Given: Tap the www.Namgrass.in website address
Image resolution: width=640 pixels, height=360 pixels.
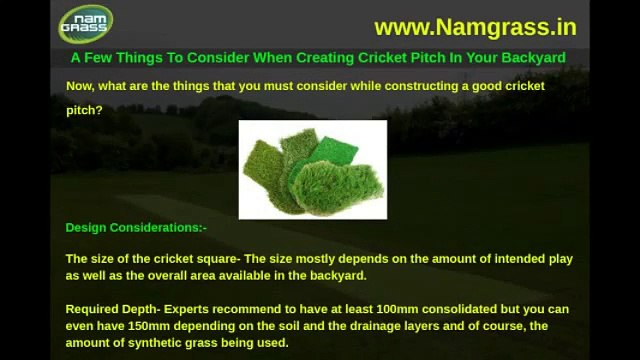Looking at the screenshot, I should pos(475,26).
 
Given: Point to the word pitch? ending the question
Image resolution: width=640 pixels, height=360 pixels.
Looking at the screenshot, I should pos(84,110).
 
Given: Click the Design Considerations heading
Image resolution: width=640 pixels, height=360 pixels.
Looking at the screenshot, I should pos(136,228).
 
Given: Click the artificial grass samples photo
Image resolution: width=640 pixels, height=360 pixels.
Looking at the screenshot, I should pos(312,169).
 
